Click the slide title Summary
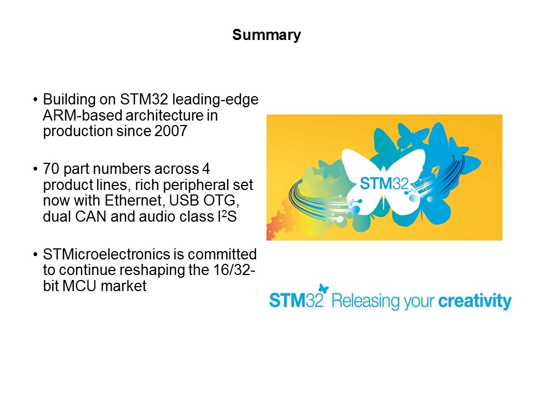[266, 36]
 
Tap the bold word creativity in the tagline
[475, 301]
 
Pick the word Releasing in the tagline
[362, 301]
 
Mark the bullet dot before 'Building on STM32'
[36, 100]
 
